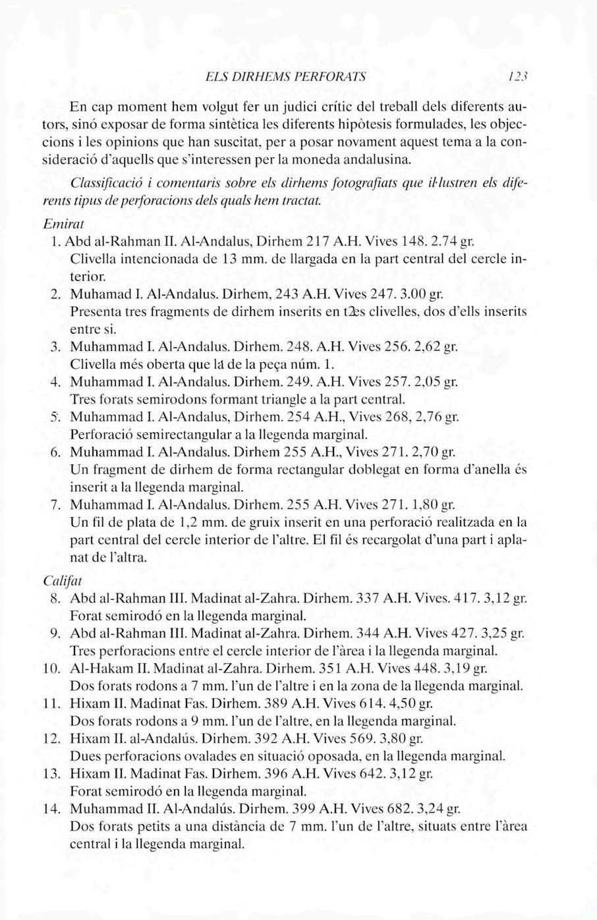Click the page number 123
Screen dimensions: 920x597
click(x=515, y=78)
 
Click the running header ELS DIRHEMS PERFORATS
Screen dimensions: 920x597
click(x=286, y=78)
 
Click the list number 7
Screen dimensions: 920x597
click(x=56, y=506)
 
